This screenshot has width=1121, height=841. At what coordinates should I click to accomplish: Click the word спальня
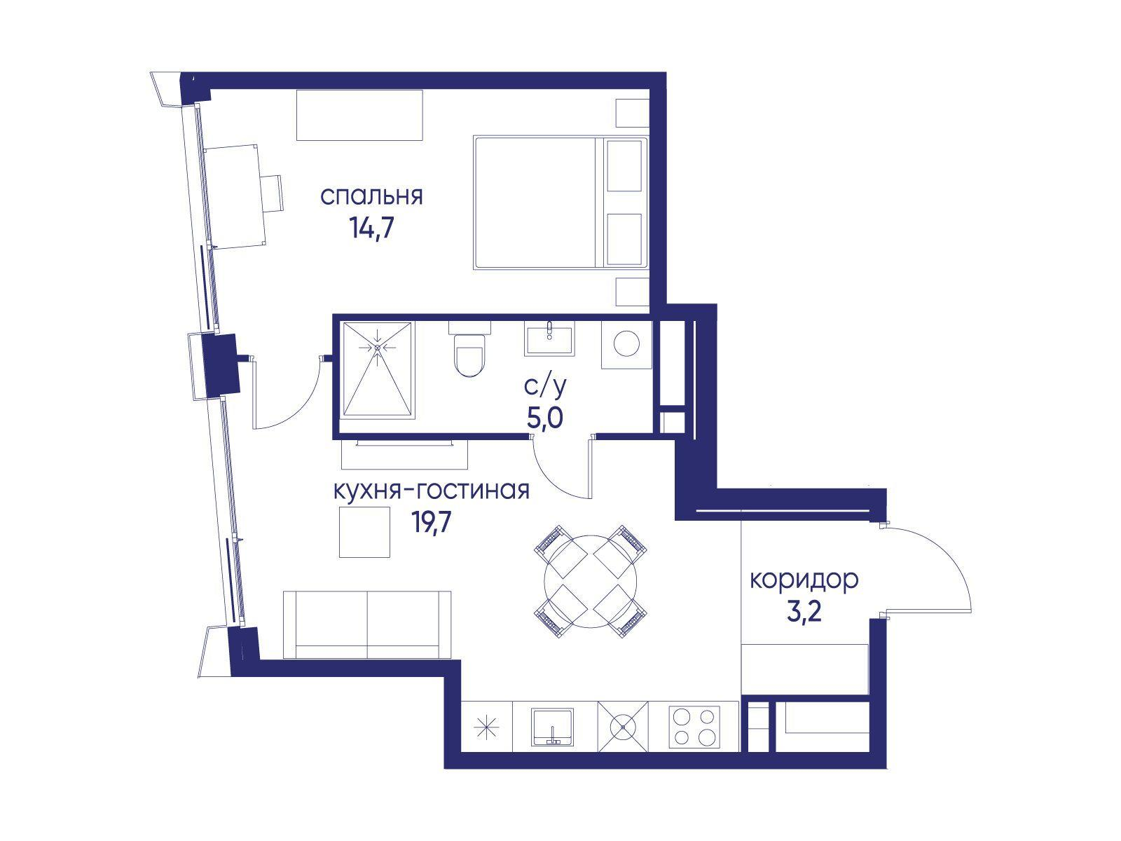[x=371, y=197]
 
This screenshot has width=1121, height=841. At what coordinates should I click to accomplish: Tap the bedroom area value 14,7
[x=371, y=228]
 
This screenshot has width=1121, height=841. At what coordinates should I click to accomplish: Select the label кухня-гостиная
[x=431, y=490]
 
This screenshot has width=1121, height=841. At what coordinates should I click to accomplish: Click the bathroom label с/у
[x=545, y=387]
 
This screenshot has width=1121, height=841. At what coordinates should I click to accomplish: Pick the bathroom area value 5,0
[x=545, y=418]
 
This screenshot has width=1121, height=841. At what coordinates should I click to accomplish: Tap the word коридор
[x=804, y=580]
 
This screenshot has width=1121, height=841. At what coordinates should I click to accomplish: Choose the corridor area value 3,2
[x=804, y=612]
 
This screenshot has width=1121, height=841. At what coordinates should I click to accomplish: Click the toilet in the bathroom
[x=469, y=349]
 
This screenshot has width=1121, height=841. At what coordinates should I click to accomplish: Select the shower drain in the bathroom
[x=378, y=347]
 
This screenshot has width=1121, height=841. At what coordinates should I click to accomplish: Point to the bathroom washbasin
[x=549, y=338]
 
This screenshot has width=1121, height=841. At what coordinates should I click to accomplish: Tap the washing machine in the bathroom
[x=626, y=344]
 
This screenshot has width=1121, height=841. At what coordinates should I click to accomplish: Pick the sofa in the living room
[x=366, y=625]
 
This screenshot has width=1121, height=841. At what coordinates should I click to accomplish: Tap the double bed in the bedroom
[x=560, y=203]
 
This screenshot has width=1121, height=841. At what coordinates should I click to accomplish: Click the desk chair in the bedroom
[x=271, y=193]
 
